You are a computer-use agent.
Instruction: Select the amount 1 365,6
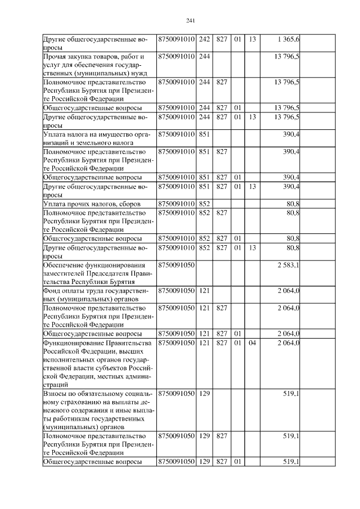click(288, 39)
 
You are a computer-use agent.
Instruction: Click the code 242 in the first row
click(204, 39)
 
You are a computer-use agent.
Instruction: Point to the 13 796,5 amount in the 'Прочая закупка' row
click(286, 57)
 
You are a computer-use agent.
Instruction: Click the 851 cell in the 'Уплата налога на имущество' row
click(204, 134)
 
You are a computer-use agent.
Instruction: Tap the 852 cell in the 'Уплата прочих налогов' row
click(204, 203)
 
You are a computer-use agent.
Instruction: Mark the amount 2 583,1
click(288, 265)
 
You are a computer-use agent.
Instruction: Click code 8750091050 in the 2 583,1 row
click(176, 265)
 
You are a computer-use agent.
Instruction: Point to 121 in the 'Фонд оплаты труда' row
click(204, 291)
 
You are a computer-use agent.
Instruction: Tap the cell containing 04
click(251, 343)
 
